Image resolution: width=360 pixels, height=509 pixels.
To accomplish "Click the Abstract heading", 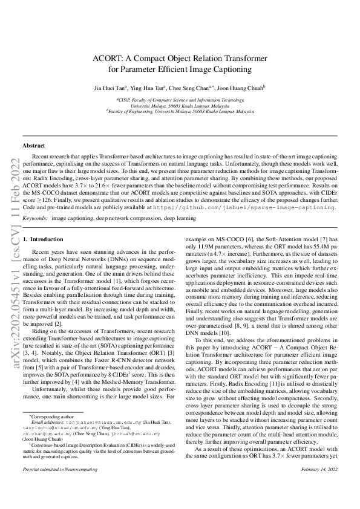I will click(33, 146).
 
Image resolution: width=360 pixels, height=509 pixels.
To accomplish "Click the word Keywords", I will click(35, 216).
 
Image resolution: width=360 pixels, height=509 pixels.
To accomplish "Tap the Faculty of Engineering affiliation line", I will click(180, 111).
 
